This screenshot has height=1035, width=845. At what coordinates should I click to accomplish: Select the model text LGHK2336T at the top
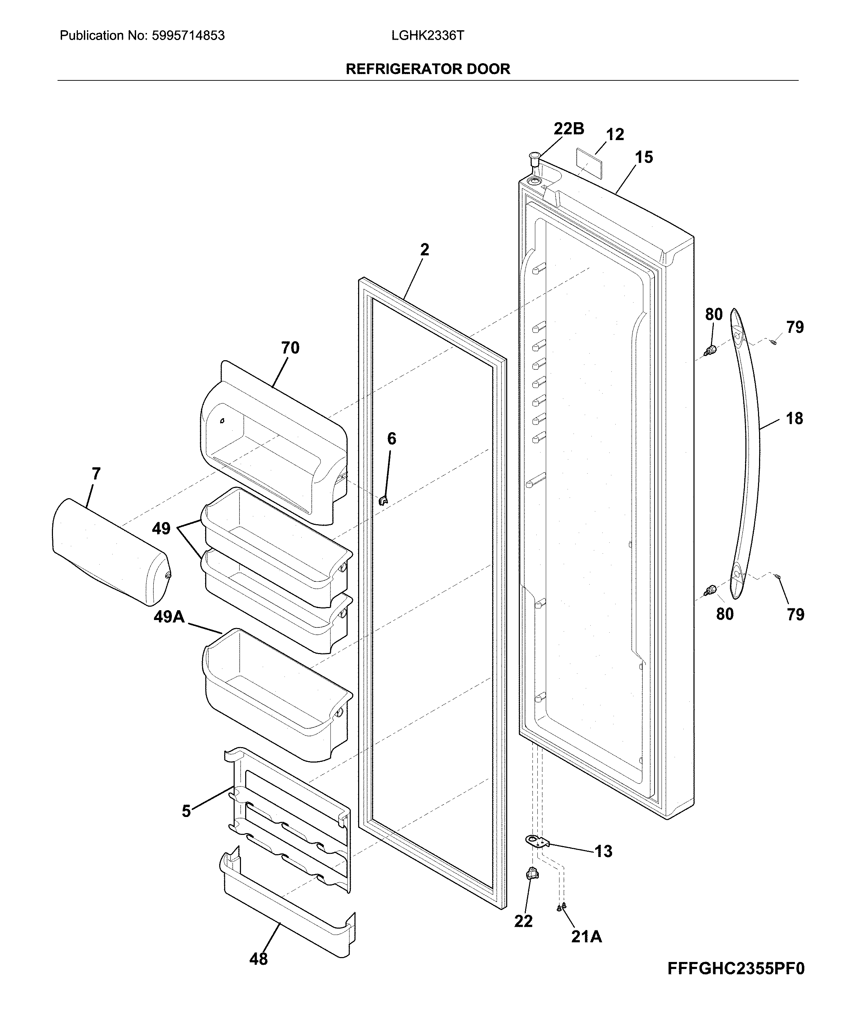tap(428, 35)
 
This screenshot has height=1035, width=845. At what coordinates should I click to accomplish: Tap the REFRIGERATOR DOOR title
tap(428, 69)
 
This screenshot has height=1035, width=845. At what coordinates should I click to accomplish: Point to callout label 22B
tap(569, 128)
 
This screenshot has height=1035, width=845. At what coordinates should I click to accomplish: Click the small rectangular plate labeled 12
tap(588, 157)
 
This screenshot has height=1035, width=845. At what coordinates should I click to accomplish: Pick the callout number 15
tap(644, 157)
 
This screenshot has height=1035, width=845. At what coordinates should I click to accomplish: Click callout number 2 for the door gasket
tap(424, 250)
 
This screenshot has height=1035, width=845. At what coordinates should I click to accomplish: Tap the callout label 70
tap(290, 348)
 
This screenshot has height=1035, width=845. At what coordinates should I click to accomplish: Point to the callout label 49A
tap(169, 617)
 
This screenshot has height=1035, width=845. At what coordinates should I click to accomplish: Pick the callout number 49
tap(161, 528)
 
